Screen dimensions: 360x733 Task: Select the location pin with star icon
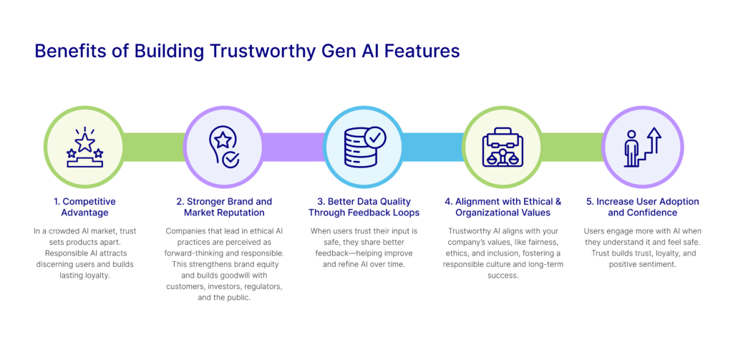223,147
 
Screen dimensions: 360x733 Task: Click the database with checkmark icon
364,147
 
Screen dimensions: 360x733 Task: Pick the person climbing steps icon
642,147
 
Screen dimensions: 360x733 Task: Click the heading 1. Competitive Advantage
84,207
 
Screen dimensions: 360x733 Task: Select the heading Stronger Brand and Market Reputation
224,207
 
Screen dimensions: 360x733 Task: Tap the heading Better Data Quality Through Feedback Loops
364,207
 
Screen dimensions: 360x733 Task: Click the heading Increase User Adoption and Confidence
642,207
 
